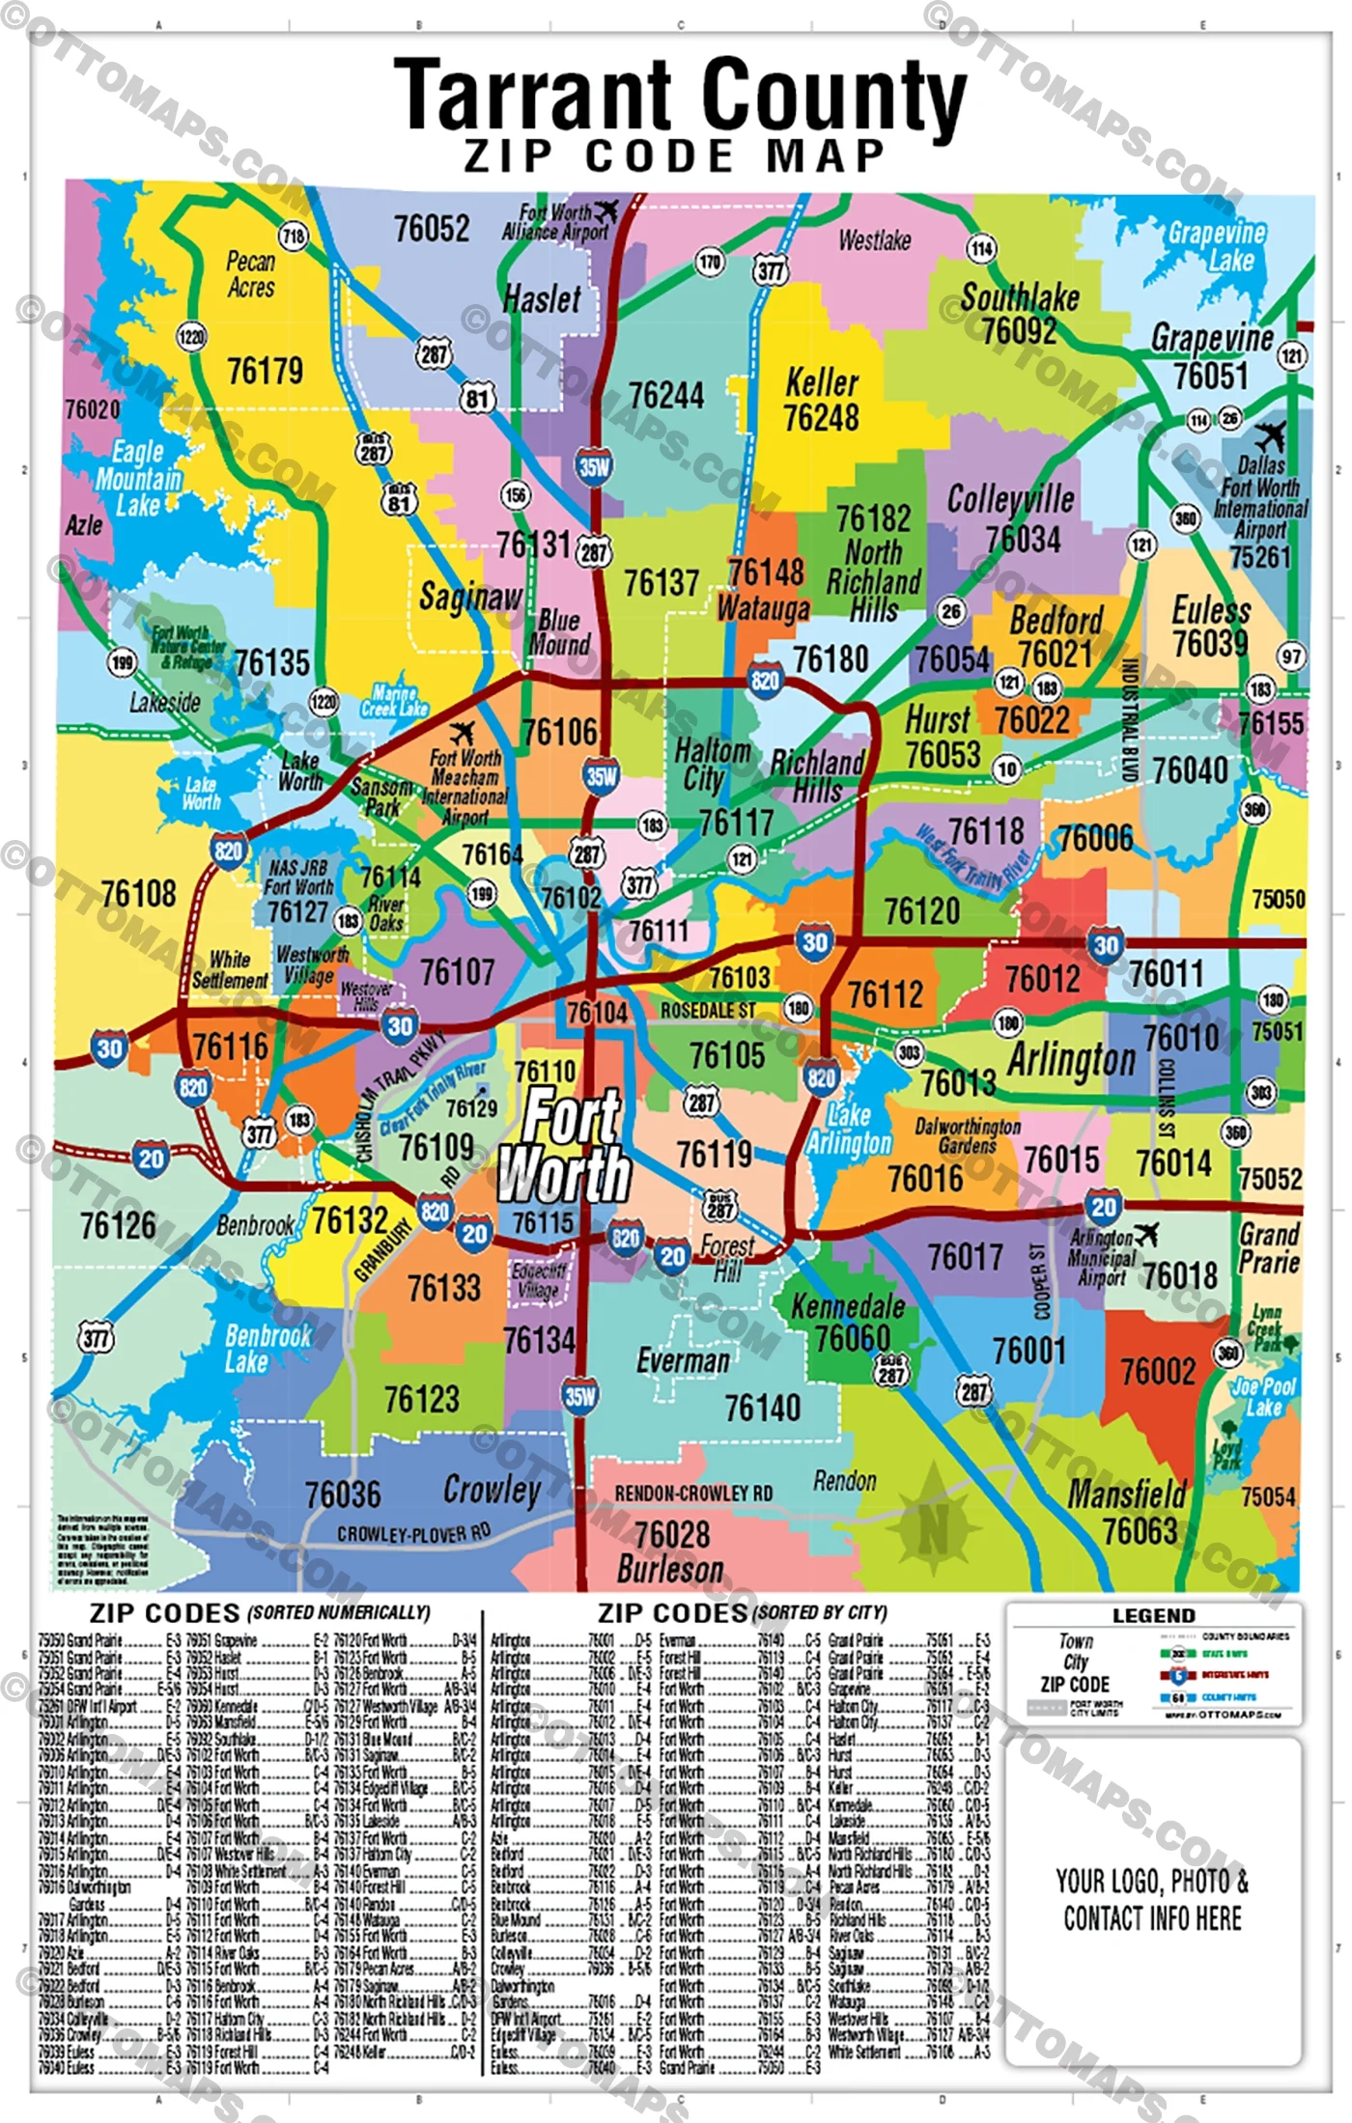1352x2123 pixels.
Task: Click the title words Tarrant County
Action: pos(680,94)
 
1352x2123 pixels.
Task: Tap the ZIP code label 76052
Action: pos(432,230)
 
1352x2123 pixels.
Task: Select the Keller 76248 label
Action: pos(821,401)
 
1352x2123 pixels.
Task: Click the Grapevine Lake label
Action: pos(1217,247)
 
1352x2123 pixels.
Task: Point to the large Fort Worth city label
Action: pos(568,1146)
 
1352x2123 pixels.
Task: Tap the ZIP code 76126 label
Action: pos(118,1226)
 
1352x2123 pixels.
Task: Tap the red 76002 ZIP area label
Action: pos(1157,1371)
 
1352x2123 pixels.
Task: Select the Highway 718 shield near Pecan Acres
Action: pos(293,237)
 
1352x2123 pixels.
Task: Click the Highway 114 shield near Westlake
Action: pos(981,249)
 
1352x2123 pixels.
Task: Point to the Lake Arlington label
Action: pos(849,1130)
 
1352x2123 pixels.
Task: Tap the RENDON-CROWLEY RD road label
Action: pos(693,1494)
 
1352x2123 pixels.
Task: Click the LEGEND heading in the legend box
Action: pos(1153,1616)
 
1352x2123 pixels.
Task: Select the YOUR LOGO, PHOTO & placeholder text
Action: pos(1152,1881)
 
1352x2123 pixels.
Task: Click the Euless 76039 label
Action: pos(1210,627)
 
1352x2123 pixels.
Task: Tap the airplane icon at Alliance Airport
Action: pos(606,210)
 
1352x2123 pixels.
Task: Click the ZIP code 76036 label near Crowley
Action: pos(343,1494)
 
